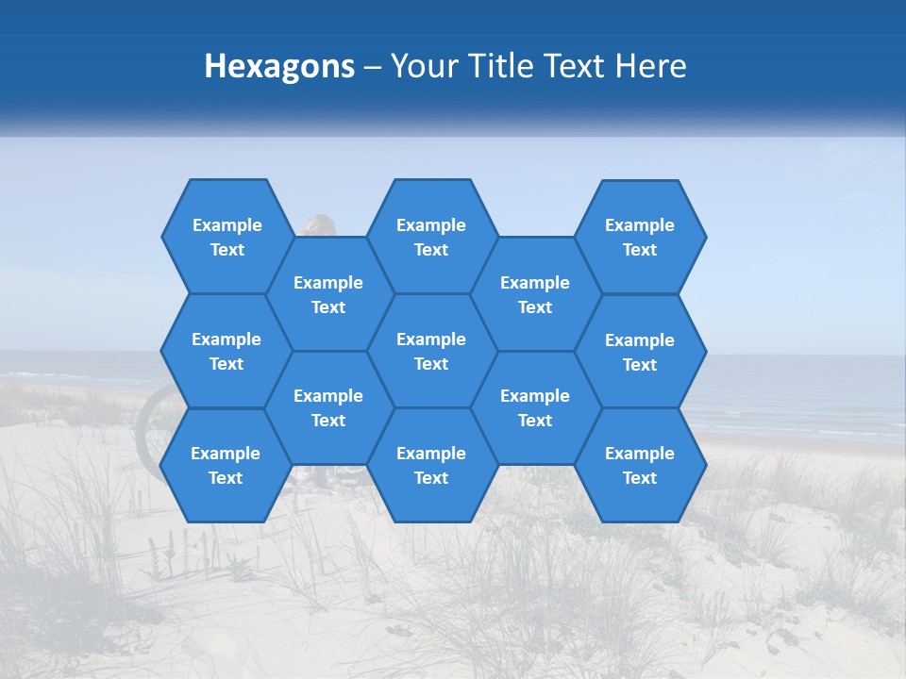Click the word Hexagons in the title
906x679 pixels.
click(x=279, y=66)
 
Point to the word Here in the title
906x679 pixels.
click(x=651, y=66)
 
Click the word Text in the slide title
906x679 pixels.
click(x=579, y=66)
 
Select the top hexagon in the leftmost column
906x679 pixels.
click(x=226, y=237)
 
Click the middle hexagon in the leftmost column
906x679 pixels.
click(x=226, y=351)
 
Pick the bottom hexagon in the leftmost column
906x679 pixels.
click(x=226, y=465)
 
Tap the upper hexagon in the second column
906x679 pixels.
click(x=328, y=294)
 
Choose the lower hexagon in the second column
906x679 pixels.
click(x=328, y=407)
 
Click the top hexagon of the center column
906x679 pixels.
click(x=431, y=237)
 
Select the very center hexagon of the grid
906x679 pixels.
click(x=431, y=351)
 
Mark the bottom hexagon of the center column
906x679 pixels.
click(x=431, y=465)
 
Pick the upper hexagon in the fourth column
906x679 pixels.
click(x=535, y=294)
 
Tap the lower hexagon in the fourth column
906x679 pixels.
click(x=535, y=407)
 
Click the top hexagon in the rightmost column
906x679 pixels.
click(x=640, y=237)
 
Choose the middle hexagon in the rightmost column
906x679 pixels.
click(x=640, y=352)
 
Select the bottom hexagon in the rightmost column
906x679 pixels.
click(x=640, y=465)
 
